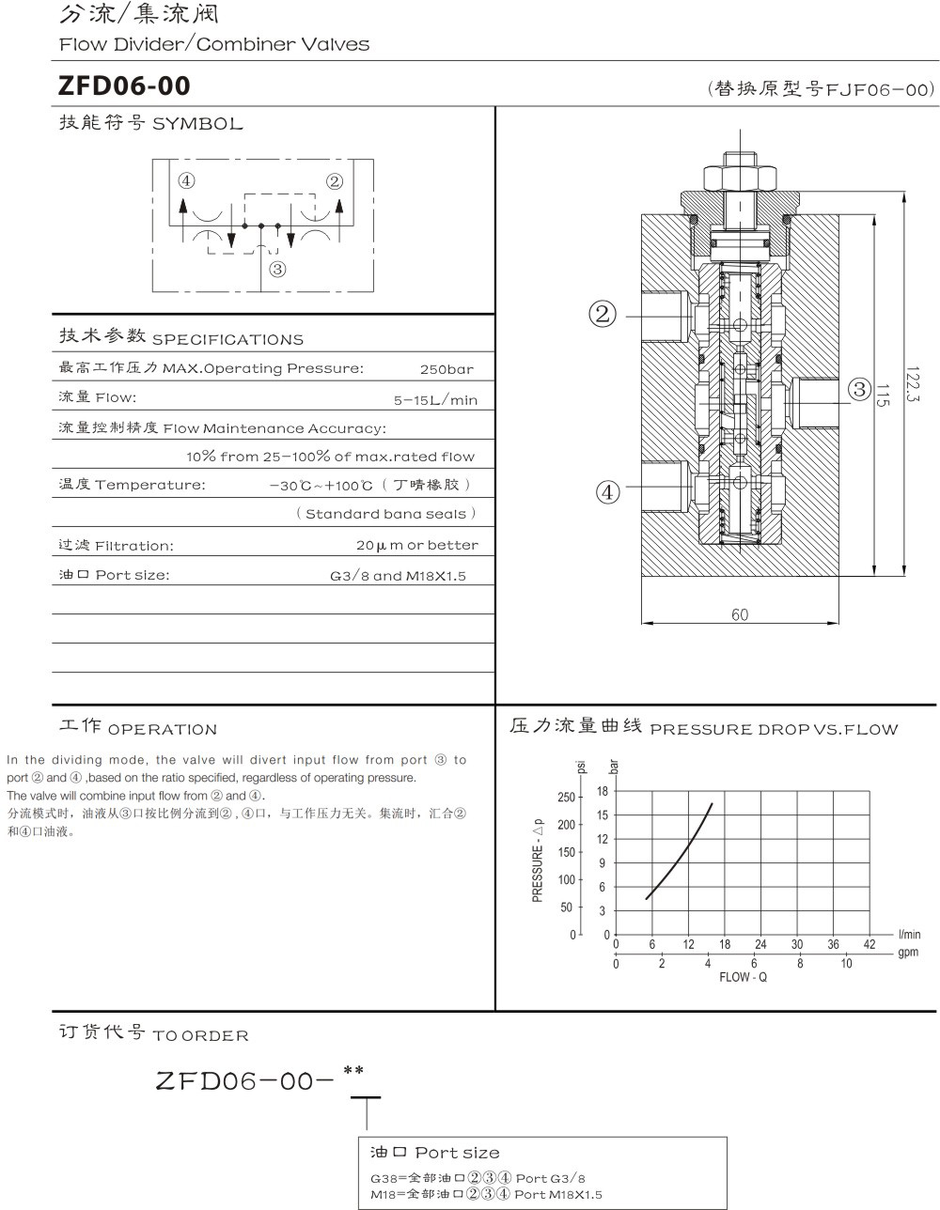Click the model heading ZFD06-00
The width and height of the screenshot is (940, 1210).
[124, 86]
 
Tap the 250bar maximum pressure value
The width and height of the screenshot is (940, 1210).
[446, 369]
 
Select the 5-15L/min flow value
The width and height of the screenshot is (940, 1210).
[435, 400]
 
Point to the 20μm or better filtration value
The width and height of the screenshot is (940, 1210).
[416, 545]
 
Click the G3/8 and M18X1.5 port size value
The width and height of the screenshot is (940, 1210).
[398, 576]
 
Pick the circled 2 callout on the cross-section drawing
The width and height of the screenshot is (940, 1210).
[603, 314]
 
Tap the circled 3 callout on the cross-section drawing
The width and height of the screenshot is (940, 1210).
[858, 388]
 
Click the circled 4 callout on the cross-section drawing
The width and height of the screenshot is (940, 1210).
[608, 491]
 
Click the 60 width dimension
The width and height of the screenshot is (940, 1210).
[740, 614]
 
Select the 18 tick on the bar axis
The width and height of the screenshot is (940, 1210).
[603, 792]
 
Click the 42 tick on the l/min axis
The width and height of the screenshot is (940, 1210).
[869, 945]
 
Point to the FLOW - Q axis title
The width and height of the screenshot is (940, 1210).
[743, 977]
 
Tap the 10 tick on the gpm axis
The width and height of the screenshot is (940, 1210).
[846, 964]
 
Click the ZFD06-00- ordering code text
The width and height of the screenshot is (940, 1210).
[245, 1081]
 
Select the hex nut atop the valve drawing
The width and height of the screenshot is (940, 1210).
[739, 176]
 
